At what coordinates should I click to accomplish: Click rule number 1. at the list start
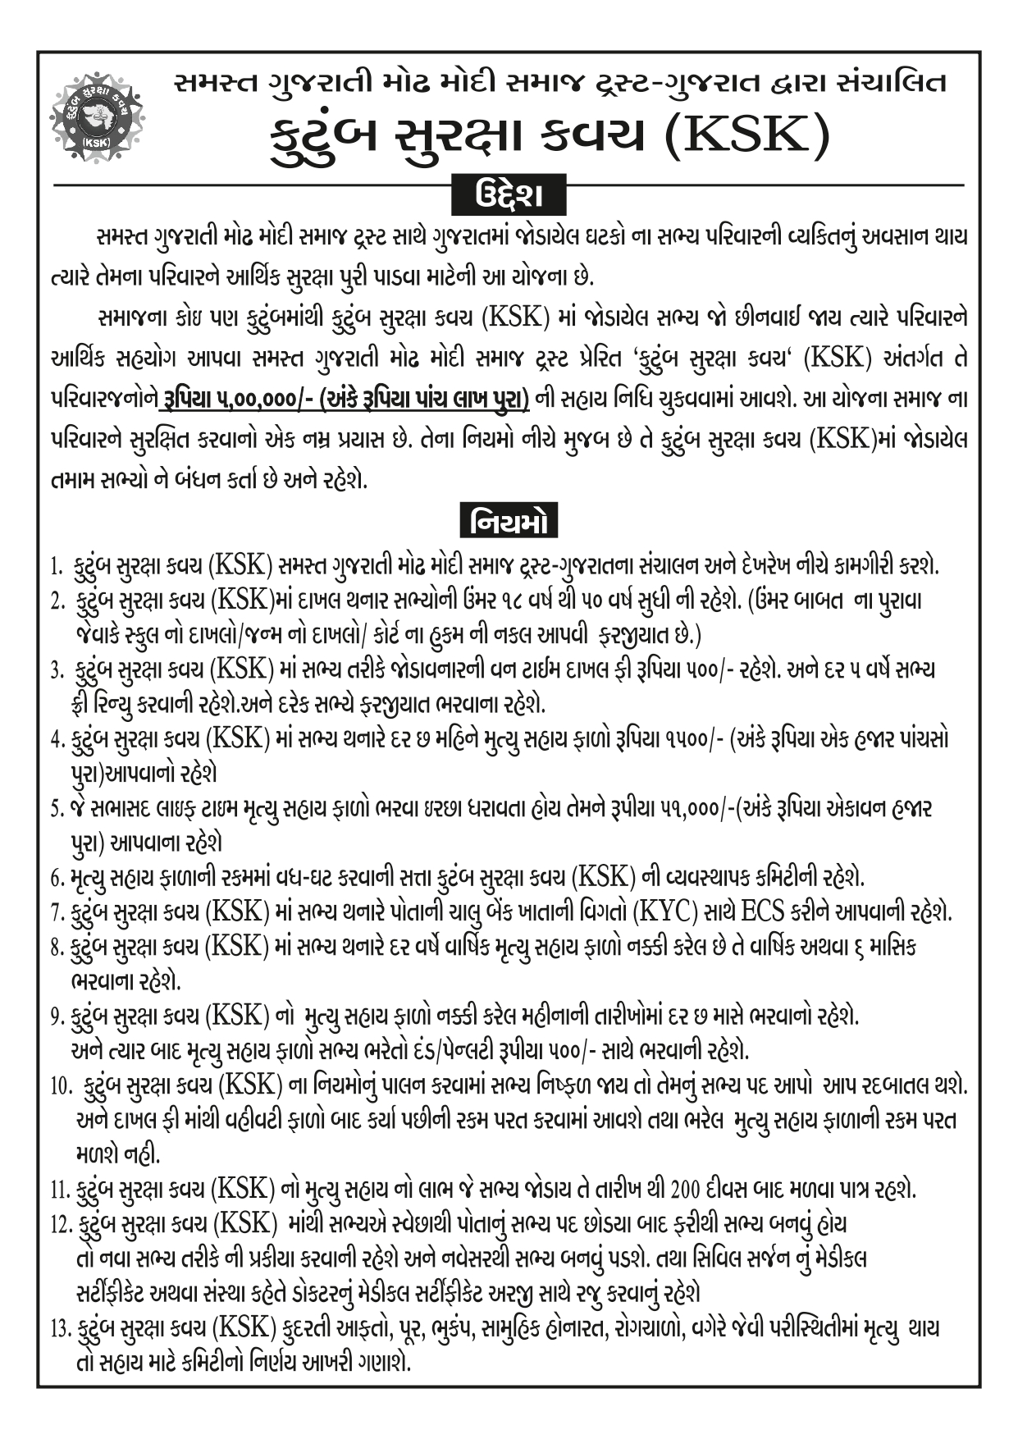tap(56, 567)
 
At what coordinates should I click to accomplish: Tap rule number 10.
tap(61, 1087)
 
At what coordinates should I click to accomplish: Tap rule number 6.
tap(57, 879)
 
